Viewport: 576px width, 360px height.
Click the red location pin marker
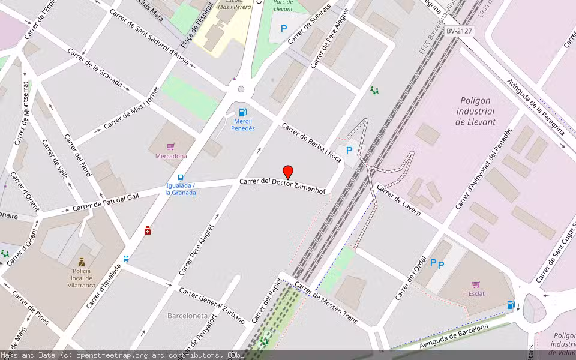pos(288,172)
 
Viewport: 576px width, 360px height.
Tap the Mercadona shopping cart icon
pos(171,146)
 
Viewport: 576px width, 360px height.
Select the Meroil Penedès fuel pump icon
pos(243,112)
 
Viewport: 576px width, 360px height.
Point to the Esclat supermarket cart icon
pos(476,284)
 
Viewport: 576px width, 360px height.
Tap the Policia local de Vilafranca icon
pos(82,262)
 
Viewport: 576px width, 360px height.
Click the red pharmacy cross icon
pos(148,230)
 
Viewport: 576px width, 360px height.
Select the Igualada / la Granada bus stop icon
pos(181,178)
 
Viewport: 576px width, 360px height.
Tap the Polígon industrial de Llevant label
pos(476,111)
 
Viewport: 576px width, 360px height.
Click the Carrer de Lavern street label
pos(398,199)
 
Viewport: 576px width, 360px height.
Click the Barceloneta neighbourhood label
pos(187,316)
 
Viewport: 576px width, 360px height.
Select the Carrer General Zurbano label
pos(211,305)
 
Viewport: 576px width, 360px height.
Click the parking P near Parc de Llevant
pos(284,28)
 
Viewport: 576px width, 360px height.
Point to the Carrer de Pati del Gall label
pos(106,202)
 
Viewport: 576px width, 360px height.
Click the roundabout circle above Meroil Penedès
pos(241,89)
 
